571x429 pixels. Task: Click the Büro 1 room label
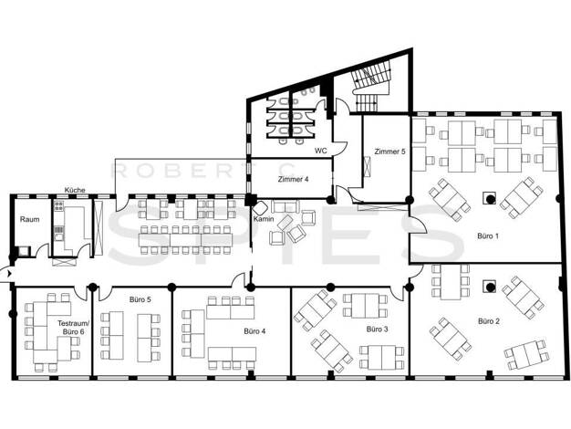pyautogui.click(x=488, y=236)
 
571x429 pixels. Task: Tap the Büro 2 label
pyautogui.click(x=489, y=321)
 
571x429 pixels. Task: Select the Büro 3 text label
pyautogui.click(x=377, y=330)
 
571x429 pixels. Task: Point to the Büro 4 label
pyautogui.click(x=254, y=331)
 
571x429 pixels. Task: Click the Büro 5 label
pyautogui.click(x=140, y=299)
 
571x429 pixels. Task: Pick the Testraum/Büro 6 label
pyautogui.click(x=73, y=328)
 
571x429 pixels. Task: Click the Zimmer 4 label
pyautogui.click(x=293, y=179)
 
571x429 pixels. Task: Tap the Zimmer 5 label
pyautogui.click(x=389, y=152)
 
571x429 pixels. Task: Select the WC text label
pyautogui.click(x=320, y=151)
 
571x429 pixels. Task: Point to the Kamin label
pyautogui.click(x=264, y=219)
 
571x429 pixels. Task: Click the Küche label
pyautogui.click(x=75, y=190)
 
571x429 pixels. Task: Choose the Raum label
pyautogui.click(x=29, y=219)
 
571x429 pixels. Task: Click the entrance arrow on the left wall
pyautogui.click(x=9, y=272)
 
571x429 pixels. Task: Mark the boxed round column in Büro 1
pyautogui.click(x=490, y=199)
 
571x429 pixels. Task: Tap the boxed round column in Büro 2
pyautogui.click(x=490, y=287)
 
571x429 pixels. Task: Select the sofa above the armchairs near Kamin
pyautogui.click(x=285, y=206)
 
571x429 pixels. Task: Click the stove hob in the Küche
pyautogui.click(x=58, y=206)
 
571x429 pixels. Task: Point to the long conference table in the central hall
pyautogui.click(x=185, y=240)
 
